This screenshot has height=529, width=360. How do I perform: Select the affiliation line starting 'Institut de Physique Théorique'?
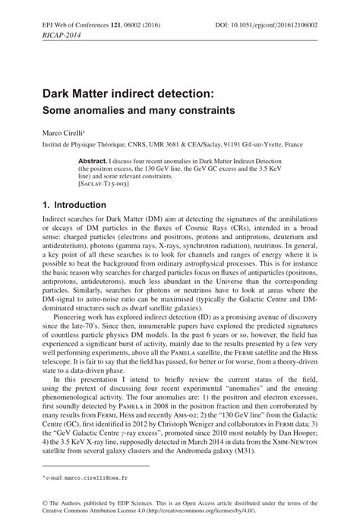point(162,143)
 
